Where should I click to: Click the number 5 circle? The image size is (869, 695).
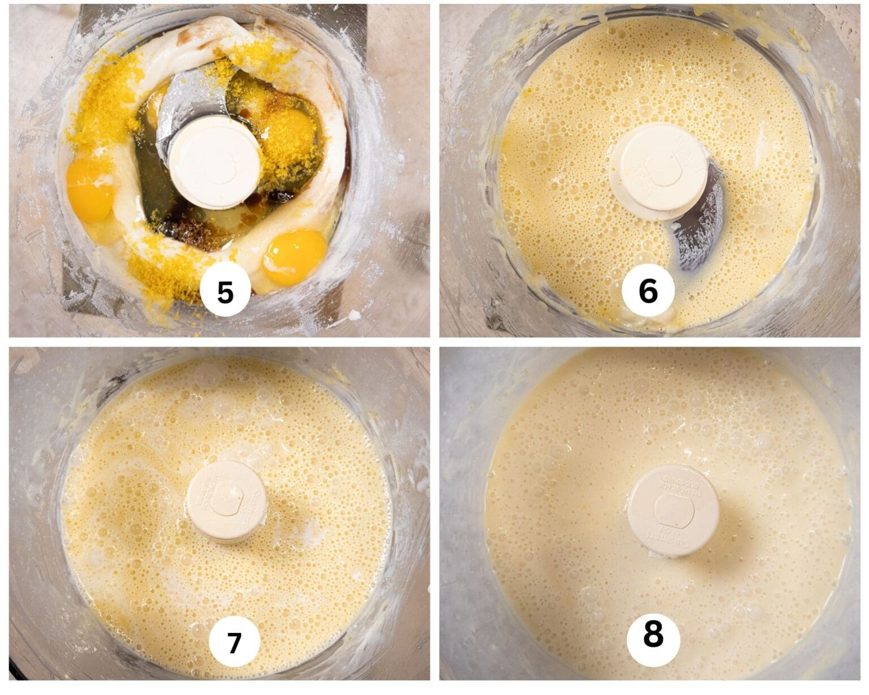(225, 292)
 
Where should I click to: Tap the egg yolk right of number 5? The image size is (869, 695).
(294, 256)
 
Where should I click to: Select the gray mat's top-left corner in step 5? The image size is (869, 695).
(84, 7)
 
